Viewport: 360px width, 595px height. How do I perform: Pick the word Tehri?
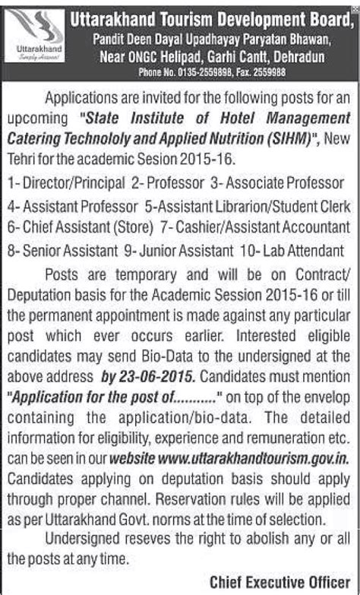[24, 157]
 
